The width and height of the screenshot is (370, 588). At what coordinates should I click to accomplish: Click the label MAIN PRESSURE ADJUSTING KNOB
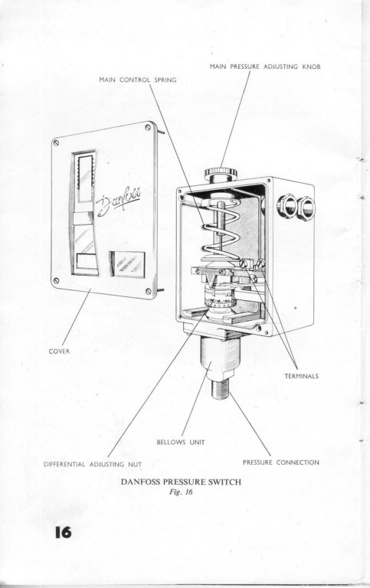click(x=265, y=67)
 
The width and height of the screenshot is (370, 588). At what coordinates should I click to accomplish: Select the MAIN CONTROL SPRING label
click(x=138, y=80)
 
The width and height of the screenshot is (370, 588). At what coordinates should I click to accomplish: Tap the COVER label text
click(x=59, y=351)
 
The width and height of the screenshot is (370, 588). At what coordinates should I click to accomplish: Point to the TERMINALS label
click(x=301, y=376)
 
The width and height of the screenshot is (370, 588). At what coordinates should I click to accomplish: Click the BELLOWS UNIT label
click(x=181, y=442)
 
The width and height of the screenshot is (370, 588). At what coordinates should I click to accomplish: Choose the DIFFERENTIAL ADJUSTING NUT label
click(x=93, y=464)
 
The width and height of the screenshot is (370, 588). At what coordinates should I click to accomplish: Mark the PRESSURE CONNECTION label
click(x=281, y=462)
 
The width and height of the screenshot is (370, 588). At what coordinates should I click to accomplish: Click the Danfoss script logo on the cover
click(x=119, y=202)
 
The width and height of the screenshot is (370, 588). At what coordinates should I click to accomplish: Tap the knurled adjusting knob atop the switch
click(x=221, y=173)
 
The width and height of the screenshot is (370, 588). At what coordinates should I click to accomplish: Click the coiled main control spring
click(x=220, y=229)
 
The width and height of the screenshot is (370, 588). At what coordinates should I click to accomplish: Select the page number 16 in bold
click(x=63, y=532)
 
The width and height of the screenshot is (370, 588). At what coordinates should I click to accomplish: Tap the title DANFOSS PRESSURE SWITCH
click(x=181, y=482)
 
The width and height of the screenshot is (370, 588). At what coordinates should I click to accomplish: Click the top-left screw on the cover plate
click(x=56, y=142)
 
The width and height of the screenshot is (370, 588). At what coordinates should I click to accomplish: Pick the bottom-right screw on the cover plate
click(x=148, y=291)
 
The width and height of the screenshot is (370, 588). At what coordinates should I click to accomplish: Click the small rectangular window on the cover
click(x=128, y=264)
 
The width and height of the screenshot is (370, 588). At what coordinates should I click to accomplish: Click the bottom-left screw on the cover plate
click(x=56, y=280)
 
